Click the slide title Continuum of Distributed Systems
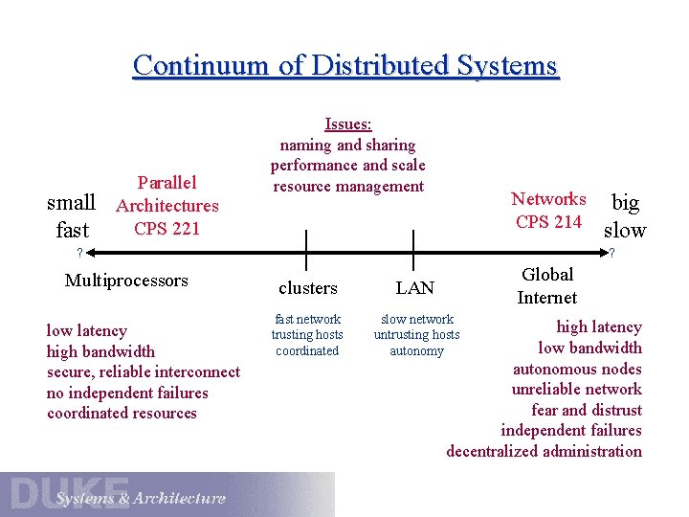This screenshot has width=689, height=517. pyautogui.click(x=344, y=65)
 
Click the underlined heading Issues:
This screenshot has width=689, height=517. pyautogui.click(x=348, y=124)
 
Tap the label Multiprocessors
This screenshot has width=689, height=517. pyautogui.click(x=126, y=281)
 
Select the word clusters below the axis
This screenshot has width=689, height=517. pyautogui.click(x=307, y=288)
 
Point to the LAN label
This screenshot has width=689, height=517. pyautogui.click(x=414, y=288)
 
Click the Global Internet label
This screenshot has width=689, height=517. pyautogui.click(x=547, y=286)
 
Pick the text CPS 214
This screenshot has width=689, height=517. pyautogui.click(x=548, y=222)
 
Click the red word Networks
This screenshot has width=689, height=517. pyautogui.click(x=548, y=199)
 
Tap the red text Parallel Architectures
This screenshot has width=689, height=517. pyautogui.click(x=167, y=193)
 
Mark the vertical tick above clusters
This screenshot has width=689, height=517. pyautogui.click(x=306, y=251)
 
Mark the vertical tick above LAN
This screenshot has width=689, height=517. pyautogui.click(x=412, y=251)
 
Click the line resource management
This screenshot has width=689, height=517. pyautogui.click(x=348, y=186)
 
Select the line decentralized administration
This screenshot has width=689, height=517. pyautogui.click(x=544, y=451)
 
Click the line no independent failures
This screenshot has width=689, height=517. pyautogui.click(x=127, y=393)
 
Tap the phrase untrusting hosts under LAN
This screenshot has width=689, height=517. pyautogui.click(x=416, y=335)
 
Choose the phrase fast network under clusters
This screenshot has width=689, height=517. pyautogui.click(x=307, y=319)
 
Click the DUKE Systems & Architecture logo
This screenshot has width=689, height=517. pyautogui.click(x=167, y=494)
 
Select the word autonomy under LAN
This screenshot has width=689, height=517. pyautogui.click(x=416, y=351)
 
